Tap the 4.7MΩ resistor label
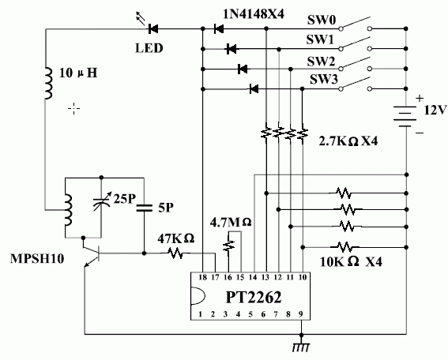click(230, 222)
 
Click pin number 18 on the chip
click(202, 278)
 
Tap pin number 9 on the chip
click(300, 315)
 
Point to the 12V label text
click(434, 111)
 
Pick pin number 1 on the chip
click(202, 315)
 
